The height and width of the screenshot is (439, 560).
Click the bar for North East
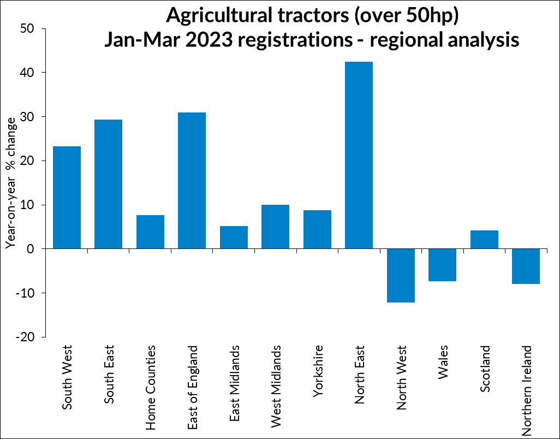click(x=359, y=156)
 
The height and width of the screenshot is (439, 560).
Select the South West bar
click(x=67, y=198)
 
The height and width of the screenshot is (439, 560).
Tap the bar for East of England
click(x=192, y=181)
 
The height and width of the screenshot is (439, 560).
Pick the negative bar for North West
click(x=401, y=275)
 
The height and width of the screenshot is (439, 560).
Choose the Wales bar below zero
click(x=443, y=265)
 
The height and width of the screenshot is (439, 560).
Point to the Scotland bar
click(x=484, y=240)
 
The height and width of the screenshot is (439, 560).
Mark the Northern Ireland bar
click(x=526, y=266)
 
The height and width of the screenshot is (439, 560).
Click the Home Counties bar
click(x=150, y=232)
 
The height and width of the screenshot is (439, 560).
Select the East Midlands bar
click(x=234, y=238)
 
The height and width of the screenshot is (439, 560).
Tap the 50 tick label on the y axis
click(x=29, y=28)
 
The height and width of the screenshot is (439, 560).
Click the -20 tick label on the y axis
click(x=27, y=337)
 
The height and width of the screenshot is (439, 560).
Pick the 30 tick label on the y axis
click(x=29, y=117)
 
